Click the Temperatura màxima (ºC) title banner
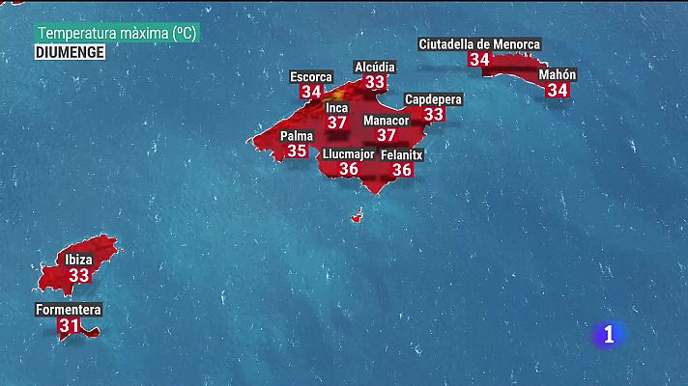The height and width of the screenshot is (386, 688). coord(117,33)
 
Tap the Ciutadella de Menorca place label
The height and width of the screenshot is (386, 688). coord(479,44)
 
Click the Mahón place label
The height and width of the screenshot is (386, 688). coord(558,74)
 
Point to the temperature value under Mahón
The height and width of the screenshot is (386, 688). coord(558,90)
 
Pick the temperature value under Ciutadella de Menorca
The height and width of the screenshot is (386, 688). coord(479,60)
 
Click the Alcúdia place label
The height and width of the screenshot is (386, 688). coord(374,67)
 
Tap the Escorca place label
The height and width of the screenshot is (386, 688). coord(311,77)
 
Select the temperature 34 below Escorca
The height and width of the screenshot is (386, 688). coord(311,92)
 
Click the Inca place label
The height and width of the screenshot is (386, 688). coord(336,108)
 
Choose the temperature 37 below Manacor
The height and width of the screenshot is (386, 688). coord(386,136)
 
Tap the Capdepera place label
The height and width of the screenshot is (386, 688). coord(434,99)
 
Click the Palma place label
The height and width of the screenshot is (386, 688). coord(297,136)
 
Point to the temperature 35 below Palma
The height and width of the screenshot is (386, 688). coord(297,151)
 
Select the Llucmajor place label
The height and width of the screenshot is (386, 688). coord(349,153)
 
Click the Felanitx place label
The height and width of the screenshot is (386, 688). coord(402,154)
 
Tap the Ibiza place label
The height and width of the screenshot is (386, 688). coord(79,261)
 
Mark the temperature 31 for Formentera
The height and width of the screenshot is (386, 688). coord(69,326)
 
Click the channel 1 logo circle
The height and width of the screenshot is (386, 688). coord(609,334)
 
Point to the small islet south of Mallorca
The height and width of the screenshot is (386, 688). coord(358,217)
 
